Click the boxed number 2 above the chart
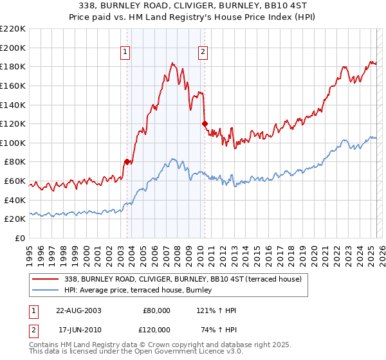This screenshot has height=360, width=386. (x=203, y=53)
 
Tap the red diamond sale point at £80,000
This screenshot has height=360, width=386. (x=127, y=162)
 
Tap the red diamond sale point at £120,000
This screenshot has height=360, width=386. (x=205, y=123)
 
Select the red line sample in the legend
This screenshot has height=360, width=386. (x=46, y=278)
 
